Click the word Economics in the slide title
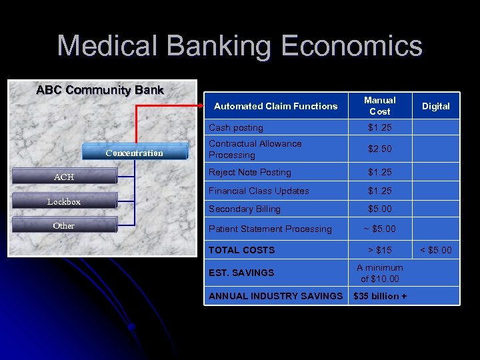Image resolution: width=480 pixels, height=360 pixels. click(352, 47)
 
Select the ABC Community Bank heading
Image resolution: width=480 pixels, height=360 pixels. click(100, 90)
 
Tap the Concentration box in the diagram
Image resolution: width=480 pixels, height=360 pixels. click(134, 153)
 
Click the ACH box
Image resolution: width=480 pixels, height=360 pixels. click(64, 177)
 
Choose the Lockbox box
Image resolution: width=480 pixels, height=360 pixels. click(64, 201)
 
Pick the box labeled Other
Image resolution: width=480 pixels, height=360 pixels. click(64, 226)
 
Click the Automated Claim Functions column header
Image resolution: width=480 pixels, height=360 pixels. click(275, 106)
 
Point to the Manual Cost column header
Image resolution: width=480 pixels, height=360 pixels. click(379, 105)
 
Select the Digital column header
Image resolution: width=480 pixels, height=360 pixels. click(436, 106)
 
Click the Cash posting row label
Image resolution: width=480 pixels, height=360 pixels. click(236, 127)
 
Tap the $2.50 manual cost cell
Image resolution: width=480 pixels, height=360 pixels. click(379, 149)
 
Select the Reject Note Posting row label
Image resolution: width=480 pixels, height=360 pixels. click(249, 172)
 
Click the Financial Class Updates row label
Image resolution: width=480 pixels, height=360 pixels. click(259, 191)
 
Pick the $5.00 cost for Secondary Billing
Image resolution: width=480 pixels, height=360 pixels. click(379, 209)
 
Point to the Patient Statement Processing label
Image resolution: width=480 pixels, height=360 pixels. click(270, 229)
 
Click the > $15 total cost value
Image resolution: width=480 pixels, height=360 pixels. click(379, 250)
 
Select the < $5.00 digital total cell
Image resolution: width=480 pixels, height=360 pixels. click(436, 250)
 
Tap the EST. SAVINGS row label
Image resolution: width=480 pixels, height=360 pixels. click(241, 273)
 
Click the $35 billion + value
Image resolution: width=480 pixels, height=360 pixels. click(379, 296)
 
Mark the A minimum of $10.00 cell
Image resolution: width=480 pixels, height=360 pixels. click(379, 273)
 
